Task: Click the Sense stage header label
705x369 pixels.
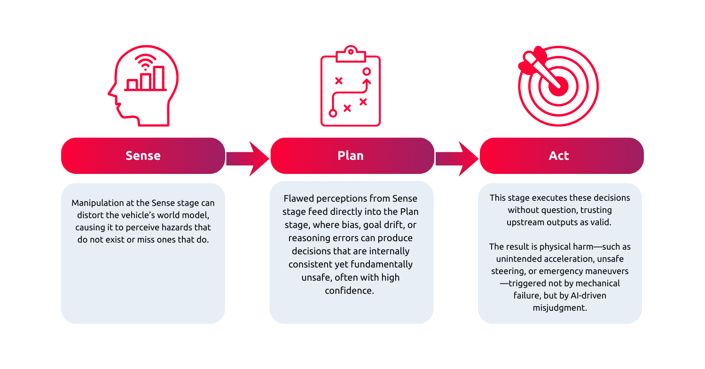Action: pos(143,156)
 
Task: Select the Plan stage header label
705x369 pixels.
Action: pos(351,156)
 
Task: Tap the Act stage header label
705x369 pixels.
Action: pos(559,156)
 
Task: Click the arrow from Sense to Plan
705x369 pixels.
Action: pos(248,159)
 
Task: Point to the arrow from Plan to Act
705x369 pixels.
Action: pos(457,159)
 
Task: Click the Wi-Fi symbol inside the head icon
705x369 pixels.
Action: pos(145,62)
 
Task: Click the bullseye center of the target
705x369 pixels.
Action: pos(559,86)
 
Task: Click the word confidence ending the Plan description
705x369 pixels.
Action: pos(350,290)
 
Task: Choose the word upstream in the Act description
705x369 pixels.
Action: pos(525,222)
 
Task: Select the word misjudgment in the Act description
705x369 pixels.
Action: pos(559,308)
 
